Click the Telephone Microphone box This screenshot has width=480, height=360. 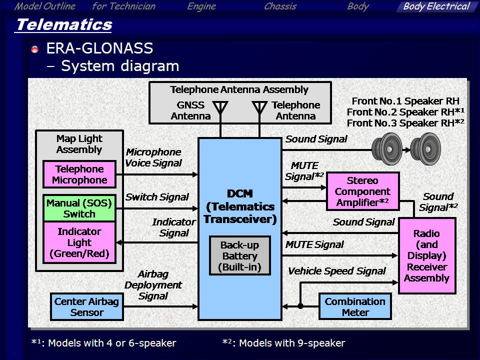click(x=79, y=174)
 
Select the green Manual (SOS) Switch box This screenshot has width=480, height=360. click(x=79, y=208)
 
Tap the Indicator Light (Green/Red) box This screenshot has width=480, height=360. click(x=79, y=242)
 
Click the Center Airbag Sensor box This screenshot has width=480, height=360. click(x=87, y=306)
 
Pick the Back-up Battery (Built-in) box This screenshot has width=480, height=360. click(x=240, y=255)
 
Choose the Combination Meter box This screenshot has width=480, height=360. click(x=355, y=306)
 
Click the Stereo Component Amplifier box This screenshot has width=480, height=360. click(x=363, y=191)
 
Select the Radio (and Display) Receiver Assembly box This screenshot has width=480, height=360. click(x=427, y=256)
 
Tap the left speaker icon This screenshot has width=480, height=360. click(x=387, y=149)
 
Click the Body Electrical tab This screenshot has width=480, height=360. click(x=436, y=6)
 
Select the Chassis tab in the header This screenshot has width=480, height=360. click(x=280, y=6)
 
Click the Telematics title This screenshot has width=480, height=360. click(x=64, y=24)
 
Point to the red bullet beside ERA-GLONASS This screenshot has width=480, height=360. click(x=35, y=49)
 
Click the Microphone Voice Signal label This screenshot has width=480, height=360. click(x=153, y=157)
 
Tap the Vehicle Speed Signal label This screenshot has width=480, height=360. click(x=336, y=271)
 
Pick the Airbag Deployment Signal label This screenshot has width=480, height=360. click(x=153, y=285)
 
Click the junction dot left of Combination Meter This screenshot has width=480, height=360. click(x=300, y=306)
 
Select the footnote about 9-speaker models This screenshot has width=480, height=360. click(x=284, y=343)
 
